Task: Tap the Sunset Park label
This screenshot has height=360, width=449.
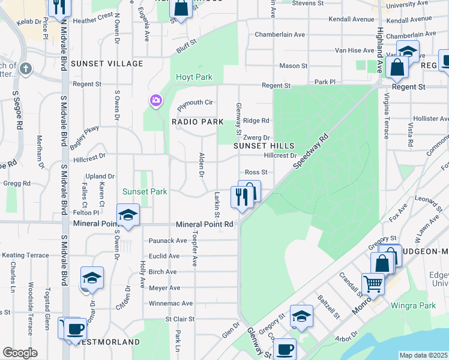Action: [145, 192]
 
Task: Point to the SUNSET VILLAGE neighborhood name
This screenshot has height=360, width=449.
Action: [107, 64]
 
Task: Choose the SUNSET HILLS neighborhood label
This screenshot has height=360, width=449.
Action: [264, 146]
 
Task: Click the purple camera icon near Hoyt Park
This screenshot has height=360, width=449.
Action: [155, 100]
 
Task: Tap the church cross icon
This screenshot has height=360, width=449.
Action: [25, 68]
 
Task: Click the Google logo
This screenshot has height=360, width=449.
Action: [20, 353]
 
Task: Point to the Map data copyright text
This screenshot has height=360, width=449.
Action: [423, 355]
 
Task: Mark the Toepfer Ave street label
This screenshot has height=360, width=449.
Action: [194, 248]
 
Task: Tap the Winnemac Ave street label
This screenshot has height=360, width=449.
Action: [171, 304]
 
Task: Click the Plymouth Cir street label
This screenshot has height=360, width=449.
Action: [195, 103]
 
